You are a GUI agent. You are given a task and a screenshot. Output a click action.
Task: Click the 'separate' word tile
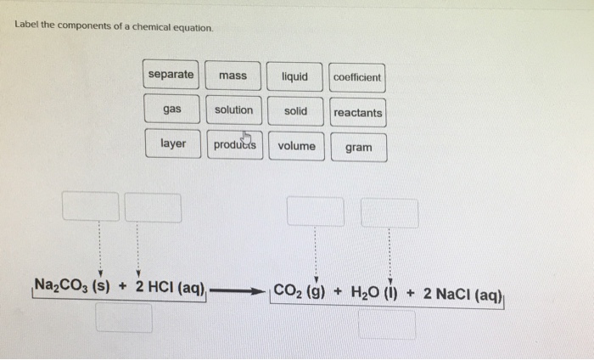pos(171,76)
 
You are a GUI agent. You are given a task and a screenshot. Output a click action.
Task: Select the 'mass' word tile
pos(232,76)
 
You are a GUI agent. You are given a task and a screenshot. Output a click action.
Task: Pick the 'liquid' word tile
pos(294,76)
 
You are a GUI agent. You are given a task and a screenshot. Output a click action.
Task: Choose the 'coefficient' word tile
pos(357,77)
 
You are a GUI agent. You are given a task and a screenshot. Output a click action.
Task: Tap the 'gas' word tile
pos(172,110)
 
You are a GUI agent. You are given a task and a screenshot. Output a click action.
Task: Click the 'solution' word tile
pos(233,110)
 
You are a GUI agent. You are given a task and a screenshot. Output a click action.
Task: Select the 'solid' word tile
pos(295,111)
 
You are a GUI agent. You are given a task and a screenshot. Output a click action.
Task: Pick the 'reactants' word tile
pos(358,113)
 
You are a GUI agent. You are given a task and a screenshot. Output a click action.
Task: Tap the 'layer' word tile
pos(173,144)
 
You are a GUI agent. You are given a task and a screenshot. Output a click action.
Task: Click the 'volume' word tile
pos(296,146)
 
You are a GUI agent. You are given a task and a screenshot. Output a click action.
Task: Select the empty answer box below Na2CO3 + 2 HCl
pos(124,318)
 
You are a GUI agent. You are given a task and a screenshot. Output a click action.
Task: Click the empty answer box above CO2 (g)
pos(315,211)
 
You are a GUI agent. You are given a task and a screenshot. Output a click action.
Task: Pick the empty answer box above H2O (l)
pos(389,213)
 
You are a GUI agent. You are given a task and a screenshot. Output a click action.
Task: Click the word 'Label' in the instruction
pos(26,25)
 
